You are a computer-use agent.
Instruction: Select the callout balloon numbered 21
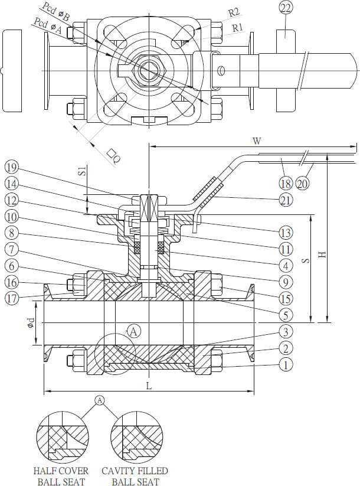coord(286,200)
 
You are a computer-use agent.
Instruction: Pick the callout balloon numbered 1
coord(286,365)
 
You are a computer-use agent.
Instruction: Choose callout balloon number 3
coord(286,331)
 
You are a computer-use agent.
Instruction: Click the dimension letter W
coord(257,141)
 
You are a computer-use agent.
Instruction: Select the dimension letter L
coord(149,386)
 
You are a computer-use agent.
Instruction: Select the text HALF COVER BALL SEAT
coord(61,476)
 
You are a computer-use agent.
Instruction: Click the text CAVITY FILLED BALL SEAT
coord(135,476)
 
